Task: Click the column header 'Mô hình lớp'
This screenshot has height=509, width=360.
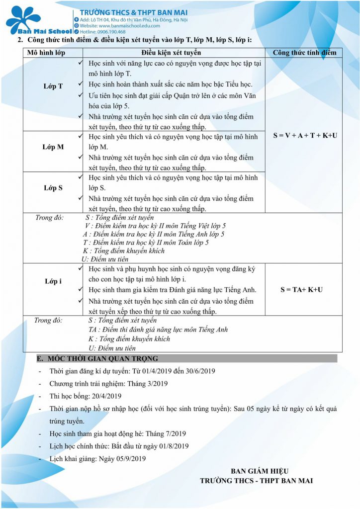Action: [x=46, y=52]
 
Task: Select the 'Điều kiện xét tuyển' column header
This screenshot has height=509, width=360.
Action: [x=170, y=52]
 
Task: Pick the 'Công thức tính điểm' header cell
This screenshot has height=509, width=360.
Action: [x=304, y=52]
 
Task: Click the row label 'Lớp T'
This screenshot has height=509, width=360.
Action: [x=53, y=86]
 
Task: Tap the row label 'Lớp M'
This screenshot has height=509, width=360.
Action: [x=53, y=147]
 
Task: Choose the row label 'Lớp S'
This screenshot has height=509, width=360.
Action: [x=53, y=188]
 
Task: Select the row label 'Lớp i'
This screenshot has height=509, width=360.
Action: [x=53, y=281]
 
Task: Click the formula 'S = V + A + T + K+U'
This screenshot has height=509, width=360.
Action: [x=305, y=135]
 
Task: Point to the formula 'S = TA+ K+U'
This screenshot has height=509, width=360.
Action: [x=301, y=290]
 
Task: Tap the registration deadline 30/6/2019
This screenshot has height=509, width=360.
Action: [x=198, y=371]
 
